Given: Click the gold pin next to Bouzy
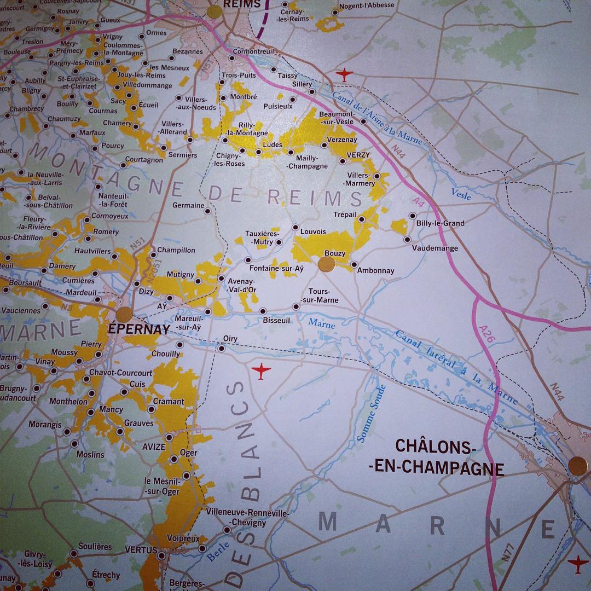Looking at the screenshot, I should [x=327, y=265].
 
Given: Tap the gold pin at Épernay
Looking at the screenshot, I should [x=124, y=315].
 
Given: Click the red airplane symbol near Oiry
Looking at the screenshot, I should [x=262, y=372].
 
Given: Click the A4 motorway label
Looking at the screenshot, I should [x=420, y=202].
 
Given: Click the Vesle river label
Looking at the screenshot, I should [x=461, y=193].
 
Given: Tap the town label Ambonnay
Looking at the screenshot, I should [x=375, y=270].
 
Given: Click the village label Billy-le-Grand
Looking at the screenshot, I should [x=440, y=223].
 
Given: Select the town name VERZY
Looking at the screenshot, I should [x=358, y=155].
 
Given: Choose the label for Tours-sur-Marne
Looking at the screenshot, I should [x=323, y=296].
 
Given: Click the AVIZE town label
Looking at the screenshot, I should [x=154, y=447].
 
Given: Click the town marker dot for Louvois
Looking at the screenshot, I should [x=296, y=227].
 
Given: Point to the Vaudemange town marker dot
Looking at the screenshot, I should [x=407, y=239].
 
